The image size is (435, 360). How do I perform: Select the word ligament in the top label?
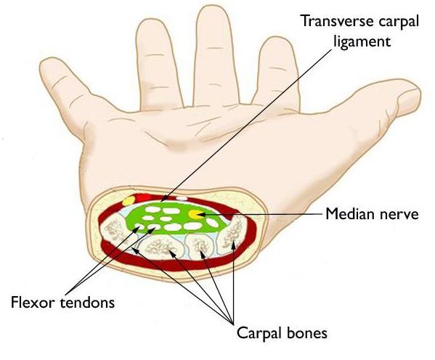[x=362, y=41]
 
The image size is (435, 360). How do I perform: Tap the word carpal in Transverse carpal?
[x=399, y=22]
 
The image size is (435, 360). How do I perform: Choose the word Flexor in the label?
[x=33, y=302]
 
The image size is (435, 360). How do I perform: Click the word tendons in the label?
[x=87, y=302]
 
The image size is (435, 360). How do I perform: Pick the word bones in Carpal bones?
[x=309, y=332]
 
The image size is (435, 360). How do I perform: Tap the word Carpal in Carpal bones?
[x=261, y=333]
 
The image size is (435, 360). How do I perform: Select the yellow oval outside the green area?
[x=129, y=201]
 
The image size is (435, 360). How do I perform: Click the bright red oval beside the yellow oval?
[x=143, y=198]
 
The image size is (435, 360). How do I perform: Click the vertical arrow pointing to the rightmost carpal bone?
[x=233, y=282]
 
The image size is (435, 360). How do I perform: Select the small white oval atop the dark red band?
[x=182, y=199]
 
